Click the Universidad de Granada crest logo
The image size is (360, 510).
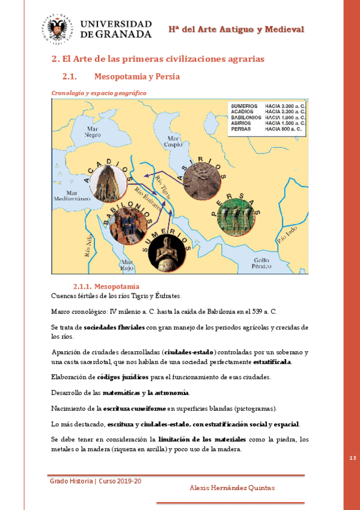[58, 29]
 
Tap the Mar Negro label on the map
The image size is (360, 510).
[92, 132]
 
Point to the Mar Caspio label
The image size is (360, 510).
[174, 142]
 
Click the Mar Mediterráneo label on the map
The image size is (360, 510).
[72, 195]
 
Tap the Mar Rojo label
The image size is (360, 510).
[127, 265]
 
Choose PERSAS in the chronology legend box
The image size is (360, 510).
[240, 129]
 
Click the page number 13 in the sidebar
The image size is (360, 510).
[352, 459]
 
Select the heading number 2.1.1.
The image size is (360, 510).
[81, 286]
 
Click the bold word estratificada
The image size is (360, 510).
[272, 362]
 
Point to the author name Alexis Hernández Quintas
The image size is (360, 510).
[231, 488]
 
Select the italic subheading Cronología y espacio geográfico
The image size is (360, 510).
[99, 93]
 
